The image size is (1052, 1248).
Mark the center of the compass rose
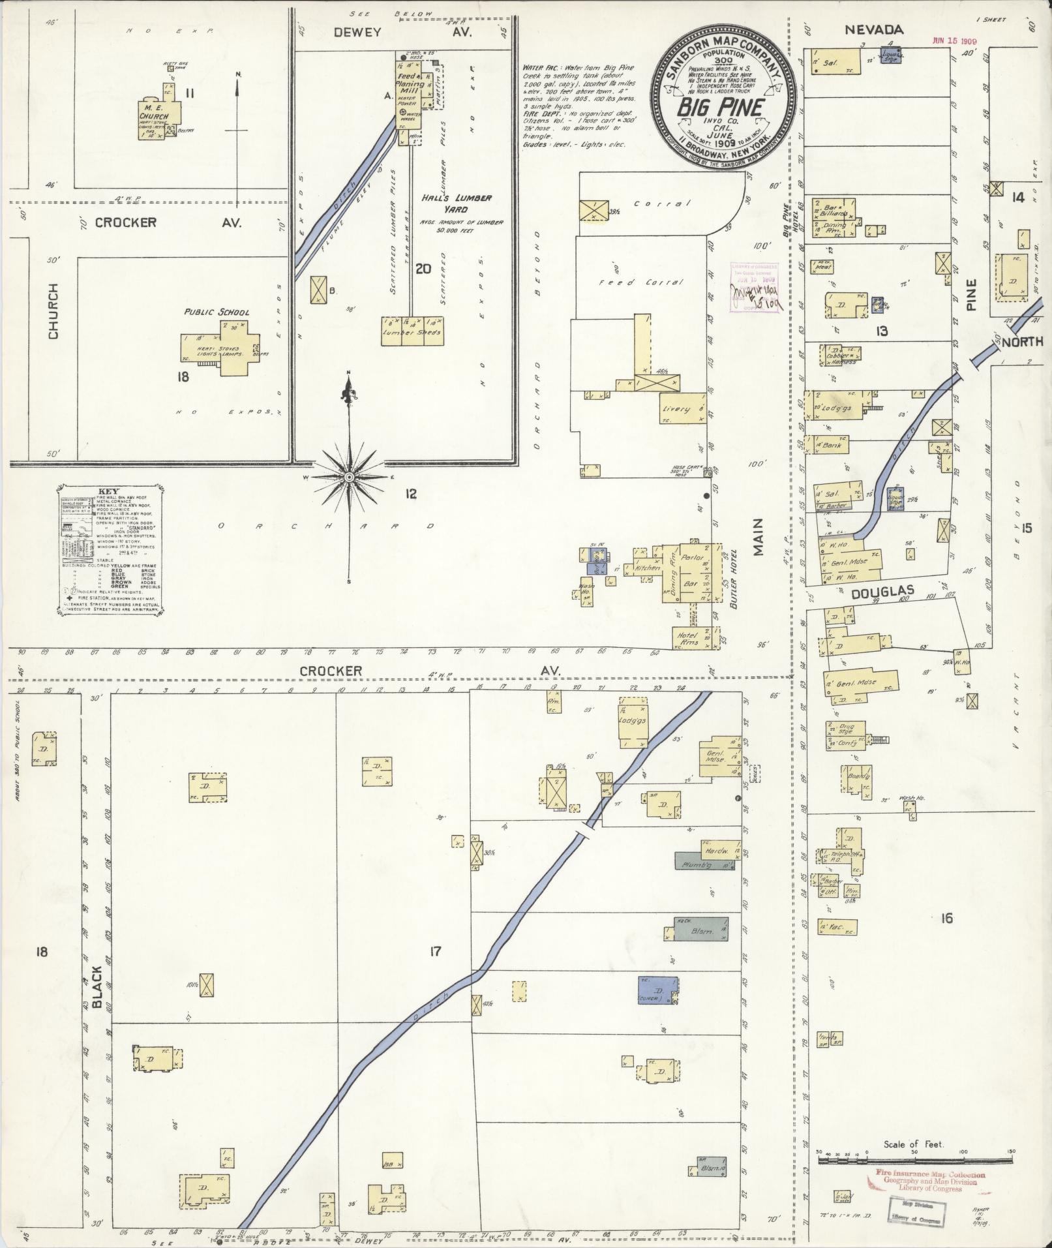point(350,478)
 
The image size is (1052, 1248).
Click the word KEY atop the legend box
point(109,493)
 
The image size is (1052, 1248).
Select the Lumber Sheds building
point(412,329)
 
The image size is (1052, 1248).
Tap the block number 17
point(434,952)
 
